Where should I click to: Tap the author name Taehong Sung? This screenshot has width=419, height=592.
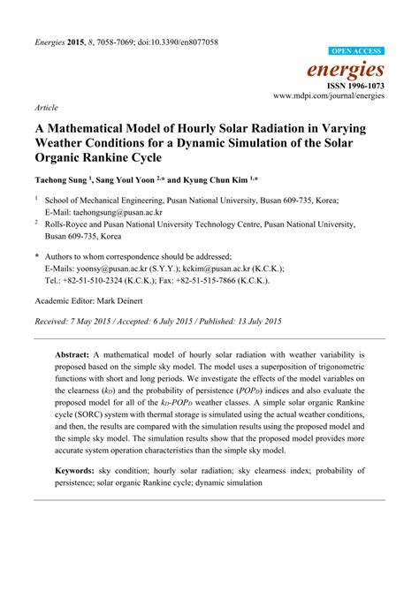pos(65,178)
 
